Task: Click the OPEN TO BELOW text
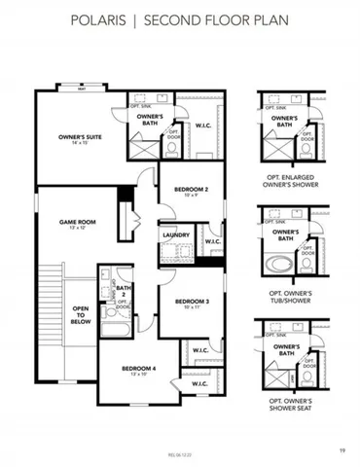tap(80, 314)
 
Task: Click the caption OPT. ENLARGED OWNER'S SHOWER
tap(292, 182)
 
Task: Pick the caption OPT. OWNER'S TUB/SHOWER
tap(292, 295)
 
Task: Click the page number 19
tap(342, 450)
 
